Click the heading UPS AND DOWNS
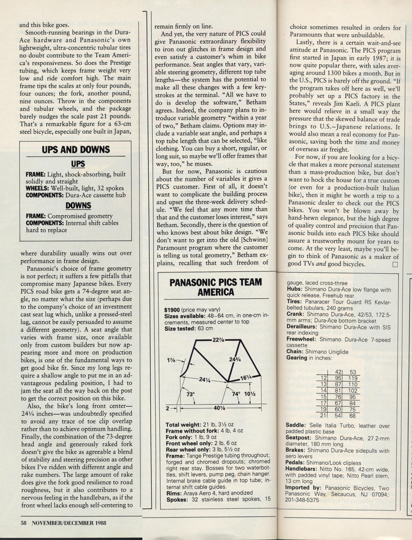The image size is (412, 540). coord(76,150)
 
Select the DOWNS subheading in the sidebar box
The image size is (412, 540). coord(78,206)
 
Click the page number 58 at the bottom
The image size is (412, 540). coord(23,523)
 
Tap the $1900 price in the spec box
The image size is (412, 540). coord(172,309)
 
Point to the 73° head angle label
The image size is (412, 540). coord(191,394)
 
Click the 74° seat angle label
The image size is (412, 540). coord(236,394)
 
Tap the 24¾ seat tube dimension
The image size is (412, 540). coord(235,359)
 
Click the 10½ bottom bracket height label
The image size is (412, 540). coord(250,394)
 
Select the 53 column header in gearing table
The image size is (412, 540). coord(353,372)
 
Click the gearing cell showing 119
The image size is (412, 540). coord(353,378)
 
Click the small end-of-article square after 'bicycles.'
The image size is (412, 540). coord(395,264)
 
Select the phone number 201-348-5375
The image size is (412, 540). coord(302,500)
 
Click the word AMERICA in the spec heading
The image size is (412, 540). coord(216,292)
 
